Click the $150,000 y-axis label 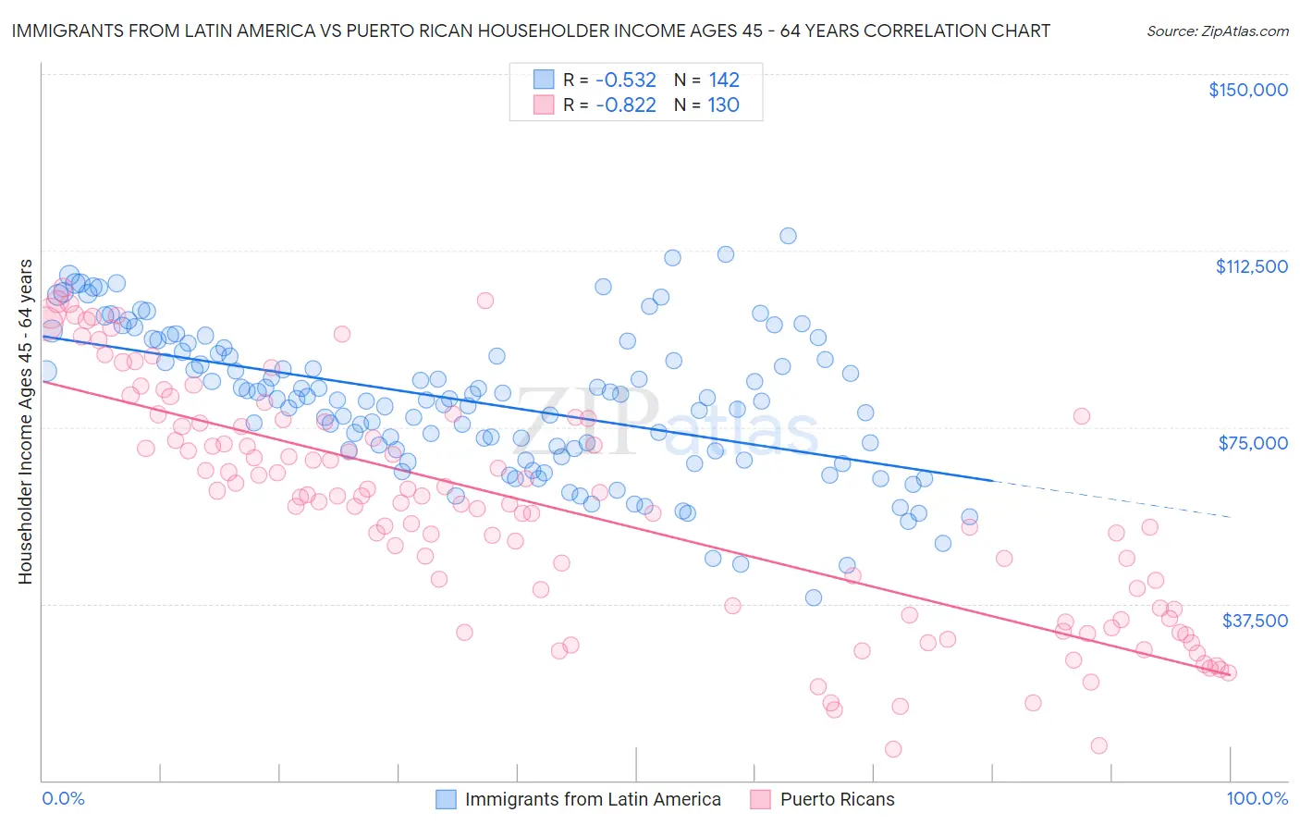[x=1247, y=90]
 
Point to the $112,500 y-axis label [x=1251, y=266]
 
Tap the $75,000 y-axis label [x=1253, y=443]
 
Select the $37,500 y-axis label [x=1254, y=620]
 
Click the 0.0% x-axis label [x=63, y=799]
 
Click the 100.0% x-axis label [x=1257, y=799]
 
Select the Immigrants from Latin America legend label [x=592, y=799]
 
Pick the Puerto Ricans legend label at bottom [x=837, y=799]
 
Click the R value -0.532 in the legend [x=625, y=80]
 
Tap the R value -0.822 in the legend [x=625, y=105]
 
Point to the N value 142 [x=723, y=80]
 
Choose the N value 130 [x=723, y=105]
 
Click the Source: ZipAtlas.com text [x=1217, y=31]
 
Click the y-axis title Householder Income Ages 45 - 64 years [x=25, y=422]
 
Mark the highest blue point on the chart [x=788, y=236]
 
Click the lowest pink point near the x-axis [x=893, y=749]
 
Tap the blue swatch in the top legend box [x=543, y=80]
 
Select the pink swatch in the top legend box [x=543, y=105]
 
